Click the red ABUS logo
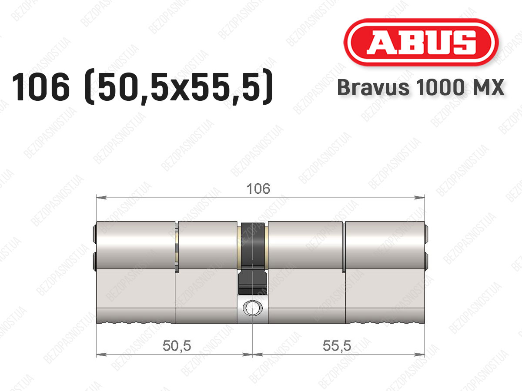[421, 42]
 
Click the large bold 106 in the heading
[41, 87]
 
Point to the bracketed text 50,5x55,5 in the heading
[178, 87]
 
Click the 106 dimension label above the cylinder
[258, 189]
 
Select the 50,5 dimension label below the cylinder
[177, 346]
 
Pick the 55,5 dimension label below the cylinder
[337, 346]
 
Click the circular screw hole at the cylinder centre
[252, 308]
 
